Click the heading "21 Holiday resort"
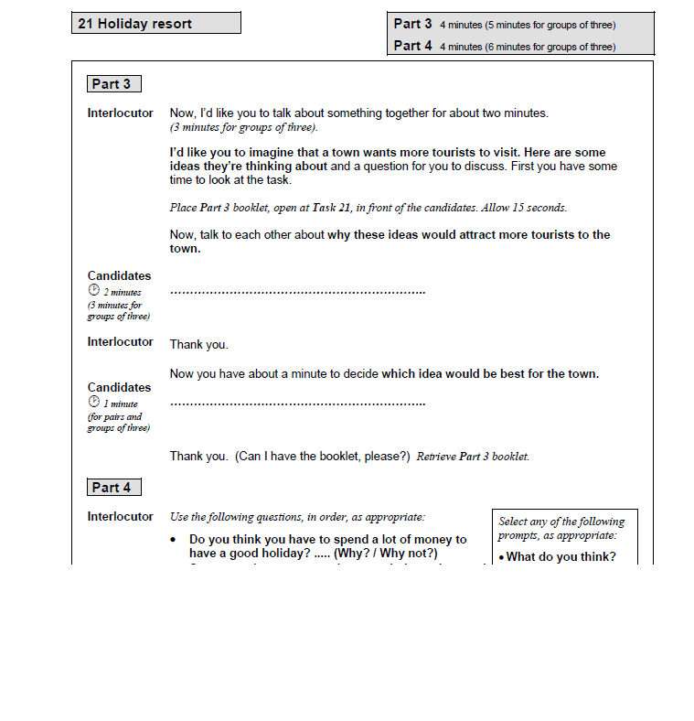coord(135,24)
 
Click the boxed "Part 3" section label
coord(112,84)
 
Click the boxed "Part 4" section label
coord(112,488)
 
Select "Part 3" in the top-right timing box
coord(412,24)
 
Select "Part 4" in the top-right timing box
coord(412,45)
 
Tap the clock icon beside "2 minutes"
coord(93,291)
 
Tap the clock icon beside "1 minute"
coord(93,402)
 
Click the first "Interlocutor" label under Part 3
coord(120,113)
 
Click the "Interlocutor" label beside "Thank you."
coord(120,342)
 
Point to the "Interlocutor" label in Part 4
coord(120,517)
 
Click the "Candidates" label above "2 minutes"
coord(119,275)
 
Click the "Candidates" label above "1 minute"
coord(119,387)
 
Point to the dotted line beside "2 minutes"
coord(297,293)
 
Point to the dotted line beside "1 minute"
coord(297,404)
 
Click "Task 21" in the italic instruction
coord(331,208)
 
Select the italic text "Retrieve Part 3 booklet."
coord(473,457)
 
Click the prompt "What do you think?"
coord(561,557)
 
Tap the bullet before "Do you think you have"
coord(174,541)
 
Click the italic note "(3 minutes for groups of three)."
coord(243,127)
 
